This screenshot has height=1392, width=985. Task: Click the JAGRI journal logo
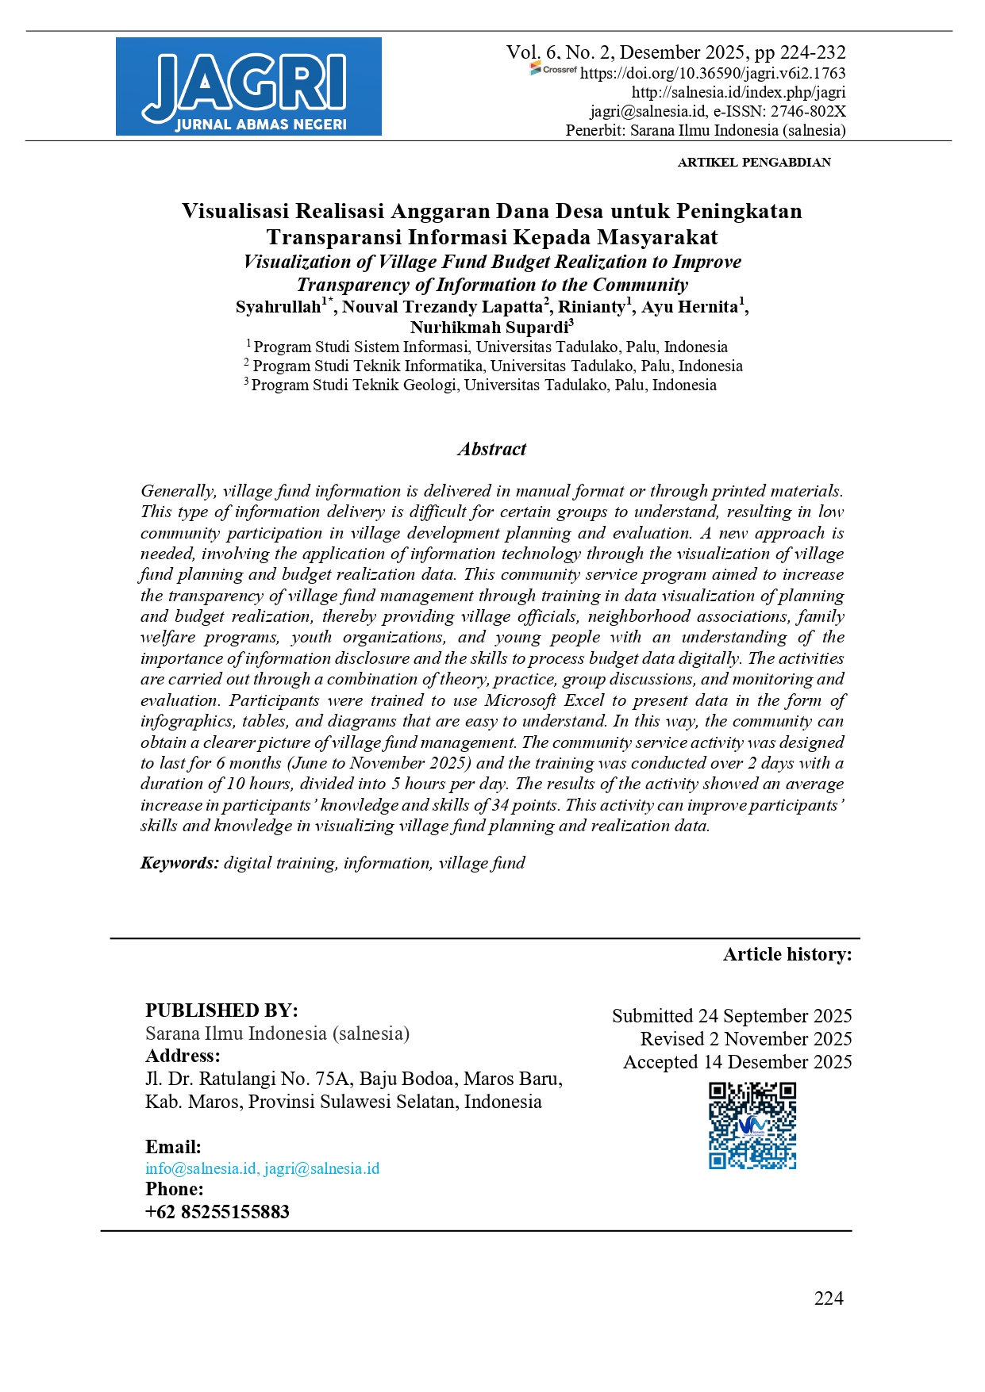[248, 86]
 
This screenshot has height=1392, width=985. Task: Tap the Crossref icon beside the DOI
[553, 70]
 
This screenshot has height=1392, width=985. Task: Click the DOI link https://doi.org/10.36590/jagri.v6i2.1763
[712, 74]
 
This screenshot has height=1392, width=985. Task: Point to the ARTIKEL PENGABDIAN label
[754, 163]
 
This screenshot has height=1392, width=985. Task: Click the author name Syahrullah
[278, 308]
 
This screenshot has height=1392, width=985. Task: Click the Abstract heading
[492, 449]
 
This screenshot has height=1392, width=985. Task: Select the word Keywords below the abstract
[179, 863]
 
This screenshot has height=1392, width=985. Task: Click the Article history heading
[787, 954]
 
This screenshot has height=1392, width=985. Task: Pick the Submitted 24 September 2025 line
[731, 1016]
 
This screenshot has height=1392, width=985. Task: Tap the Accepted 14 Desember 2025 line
[737, 1062]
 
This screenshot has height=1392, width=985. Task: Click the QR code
[752, 1125]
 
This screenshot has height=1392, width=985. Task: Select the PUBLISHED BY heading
[221, 1010]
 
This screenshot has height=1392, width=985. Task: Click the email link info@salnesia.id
[201, 1168]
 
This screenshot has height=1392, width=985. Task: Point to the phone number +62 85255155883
[217, 1212]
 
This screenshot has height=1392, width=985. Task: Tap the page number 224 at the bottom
[829, 1298]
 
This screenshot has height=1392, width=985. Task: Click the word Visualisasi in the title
[236, 211]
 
